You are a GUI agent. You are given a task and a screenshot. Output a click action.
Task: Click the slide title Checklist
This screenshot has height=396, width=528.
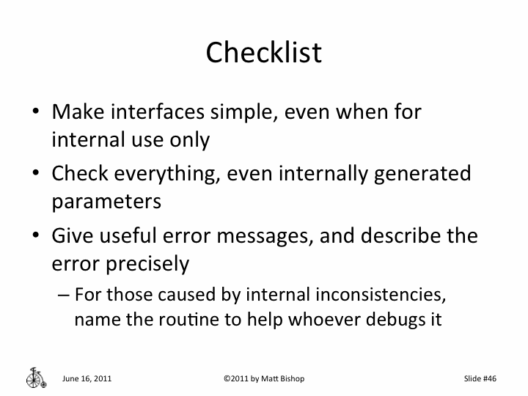tap(263, 52)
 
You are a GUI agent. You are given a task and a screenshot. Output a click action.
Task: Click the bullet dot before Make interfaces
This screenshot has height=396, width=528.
tap(36, 113)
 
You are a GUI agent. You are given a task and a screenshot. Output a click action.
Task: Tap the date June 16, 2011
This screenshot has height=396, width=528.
tap(87, 378)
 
